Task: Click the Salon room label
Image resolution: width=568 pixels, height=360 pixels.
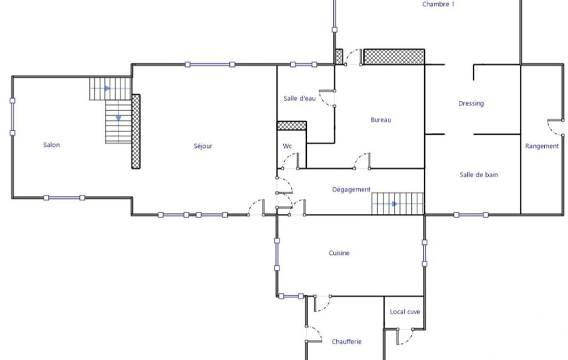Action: [x=52, y=145]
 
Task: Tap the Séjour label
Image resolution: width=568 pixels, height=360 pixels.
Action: [x=203, y=146]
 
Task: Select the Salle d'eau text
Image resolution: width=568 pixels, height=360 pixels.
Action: [x=300, y=98]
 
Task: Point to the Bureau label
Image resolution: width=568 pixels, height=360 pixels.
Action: [x=381, y=120]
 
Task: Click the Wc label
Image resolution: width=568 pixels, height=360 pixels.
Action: [x=287, y=146]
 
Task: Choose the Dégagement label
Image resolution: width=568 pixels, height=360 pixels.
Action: [x=351, y=189]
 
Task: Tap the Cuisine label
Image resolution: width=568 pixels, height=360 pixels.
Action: [x=339, y=253]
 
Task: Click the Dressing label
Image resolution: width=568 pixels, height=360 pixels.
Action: [x=471, y=104]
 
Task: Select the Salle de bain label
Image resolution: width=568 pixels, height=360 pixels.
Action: [x=479, y=174]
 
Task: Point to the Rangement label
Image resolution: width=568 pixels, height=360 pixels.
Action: [x=542, y=146]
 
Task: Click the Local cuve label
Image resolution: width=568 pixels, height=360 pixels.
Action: [x=405, y=311]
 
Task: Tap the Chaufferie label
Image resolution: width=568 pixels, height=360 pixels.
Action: [x=347, y=342]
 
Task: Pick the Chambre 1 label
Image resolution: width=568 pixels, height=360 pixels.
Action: [x=438, y=4]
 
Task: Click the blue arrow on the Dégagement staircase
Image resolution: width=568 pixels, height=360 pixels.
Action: [x=395, y=204]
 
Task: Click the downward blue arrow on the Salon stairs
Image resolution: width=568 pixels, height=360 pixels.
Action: [x=119, y=118]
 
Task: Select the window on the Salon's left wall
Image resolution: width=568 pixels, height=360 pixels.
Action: [x=12, y=117]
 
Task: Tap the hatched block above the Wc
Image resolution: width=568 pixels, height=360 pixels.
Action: [x=291, y=126]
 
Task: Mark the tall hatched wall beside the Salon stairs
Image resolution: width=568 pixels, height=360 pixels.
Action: [x=136, y=131]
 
